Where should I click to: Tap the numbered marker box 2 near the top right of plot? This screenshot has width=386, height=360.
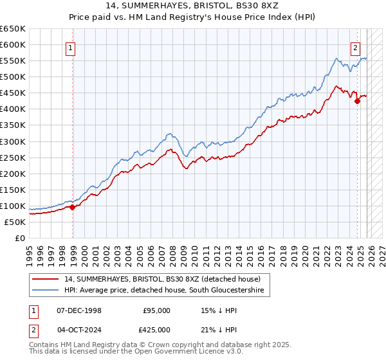pos(355,47)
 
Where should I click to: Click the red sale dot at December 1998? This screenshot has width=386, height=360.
pos(73,207)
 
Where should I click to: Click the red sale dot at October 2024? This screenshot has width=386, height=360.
pos(358,101)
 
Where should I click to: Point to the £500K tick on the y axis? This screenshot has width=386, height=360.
pos(13,76)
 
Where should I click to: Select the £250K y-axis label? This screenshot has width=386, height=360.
pos(13,157)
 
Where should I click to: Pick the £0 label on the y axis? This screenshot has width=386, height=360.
pos(19,238)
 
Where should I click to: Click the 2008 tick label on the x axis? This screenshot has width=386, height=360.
pos(172,251)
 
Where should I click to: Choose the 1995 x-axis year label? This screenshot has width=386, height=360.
pos(30,251)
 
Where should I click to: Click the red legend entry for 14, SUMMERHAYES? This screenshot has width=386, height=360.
pos(161,279)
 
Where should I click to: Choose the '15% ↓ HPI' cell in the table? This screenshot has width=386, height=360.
pos(220,310)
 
